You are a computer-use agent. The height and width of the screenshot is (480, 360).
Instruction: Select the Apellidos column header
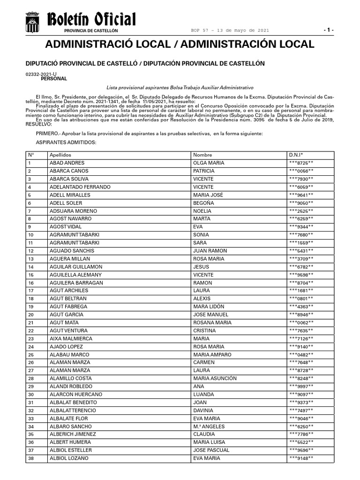pyautogui.click(x=60, y=155)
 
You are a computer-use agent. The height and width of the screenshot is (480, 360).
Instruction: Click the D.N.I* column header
pyautogui.click(x=296, y=155)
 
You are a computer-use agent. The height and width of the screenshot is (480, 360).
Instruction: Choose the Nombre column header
pyautogui.click(x=202, y=155)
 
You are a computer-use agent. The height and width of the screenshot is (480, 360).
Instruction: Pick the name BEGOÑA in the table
pyautogui.click(x=203, y=203)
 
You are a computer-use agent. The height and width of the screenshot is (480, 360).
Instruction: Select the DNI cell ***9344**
pyautogui.click(x=301, y=227)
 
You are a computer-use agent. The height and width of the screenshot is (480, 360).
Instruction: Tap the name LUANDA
pyautogui.click(x=203, y=394)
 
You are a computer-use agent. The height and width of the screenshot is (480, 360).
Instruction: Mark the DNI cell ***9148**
pyautogui.click(x=301, y=458)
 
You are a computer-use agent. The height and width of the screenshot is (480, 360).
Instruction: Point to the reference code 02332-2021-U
pyautogui.click(x=41, y=75)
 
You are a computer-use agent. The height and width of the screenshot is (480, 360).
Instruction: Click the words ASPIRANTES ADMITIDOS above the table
pyautogui.click(x=66, y=142)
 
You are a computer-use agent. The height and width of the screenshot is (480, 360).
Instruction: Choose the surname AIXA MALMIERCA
pyautogui.click(x=71, y=338)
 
